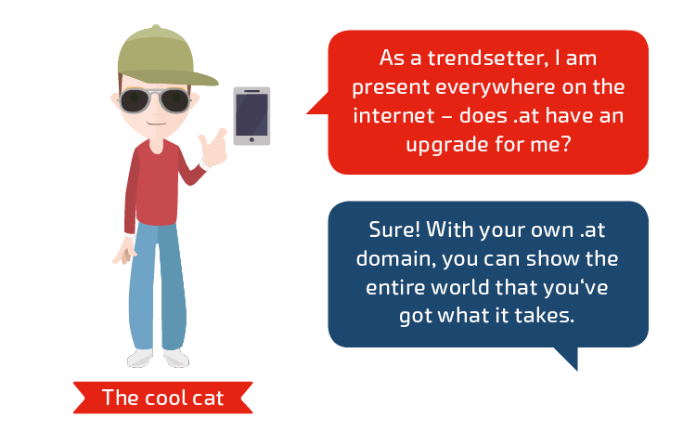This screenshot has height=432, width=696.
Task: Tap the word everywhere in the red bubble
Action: (x=496, y=86)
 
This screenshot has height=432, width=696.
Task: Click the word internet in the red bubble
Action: (x=393, y=115)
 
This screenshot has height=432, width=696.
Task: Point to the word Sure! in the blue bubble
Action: (x=394, y=229)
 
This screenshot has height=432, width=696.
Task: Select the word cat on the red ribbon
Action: (x=209, y=399)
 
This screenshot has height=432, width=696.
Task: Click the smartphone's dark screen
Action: (x=251, y=114)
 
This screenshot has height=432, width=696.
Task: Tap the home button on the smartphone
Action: (x=251, y=140)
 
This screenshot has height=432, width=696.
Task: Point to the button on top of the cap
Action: (x=155, y=27)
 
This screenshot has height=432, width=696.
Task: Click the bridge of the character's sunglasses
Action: (x=154, y=94)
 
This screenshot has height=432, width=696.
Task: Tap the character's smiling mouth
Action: (x=156, y=124)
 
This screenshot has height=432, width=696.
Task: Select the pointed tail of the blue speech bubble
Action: (x=567, y=359)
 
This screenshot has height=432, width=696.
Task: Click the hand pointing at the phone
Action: (x=213, y=148)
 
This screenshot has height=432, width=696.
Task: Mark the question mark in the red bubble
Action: (x=564, y=143)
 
